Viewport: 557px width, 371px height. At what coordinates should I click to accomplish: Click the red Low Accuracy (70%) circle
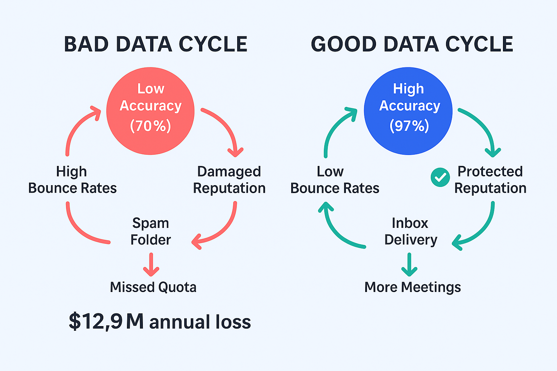tap(150, 111)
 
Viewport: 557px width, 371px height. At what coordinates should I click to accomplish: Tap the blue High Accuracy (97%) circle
tap(408, 111)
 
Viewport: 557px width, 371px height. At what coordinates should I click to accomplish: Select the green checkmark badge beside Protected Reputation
tap(440, 178)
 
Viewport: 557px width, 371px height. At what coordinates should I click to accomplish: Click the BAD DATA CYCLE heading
tap(156, 45)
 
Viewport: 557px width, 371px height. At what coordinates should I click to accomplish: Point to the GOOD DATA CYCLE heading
tap(412, 45)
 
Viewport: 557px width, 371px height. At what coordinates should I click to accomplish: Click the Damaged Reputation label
tap(229, 180)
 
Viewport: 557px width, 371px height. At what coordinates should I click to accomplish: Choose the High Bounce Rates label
tap(73, 180)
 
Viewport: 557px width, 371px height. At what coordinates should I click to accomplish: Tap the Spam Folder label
tap(150, 232)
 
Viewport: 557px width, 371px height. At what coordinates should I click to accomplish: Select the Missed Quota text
tap(153, 287)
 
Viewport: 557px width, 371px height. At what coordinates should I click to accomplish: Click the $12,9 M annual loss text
tap(160, 321)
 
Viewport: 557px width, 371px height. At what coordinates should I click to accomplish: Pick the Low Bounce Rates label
tap(335, 180)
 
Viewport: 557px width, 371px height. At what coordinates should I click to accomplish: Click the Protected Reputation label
tap(490, 180)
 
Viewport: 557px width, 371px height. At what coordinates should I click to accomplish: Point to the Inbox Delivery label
tap(410, 232)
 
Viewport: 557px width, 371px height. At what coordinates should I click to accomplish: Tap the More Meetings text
tap(413, 287)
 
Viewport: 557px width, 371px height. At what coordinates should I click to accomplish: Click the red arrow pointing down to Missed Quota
tap(151, 264)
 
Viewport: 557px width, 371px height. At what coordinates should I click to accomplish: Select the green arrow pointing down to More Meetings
tap(409, 264)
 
